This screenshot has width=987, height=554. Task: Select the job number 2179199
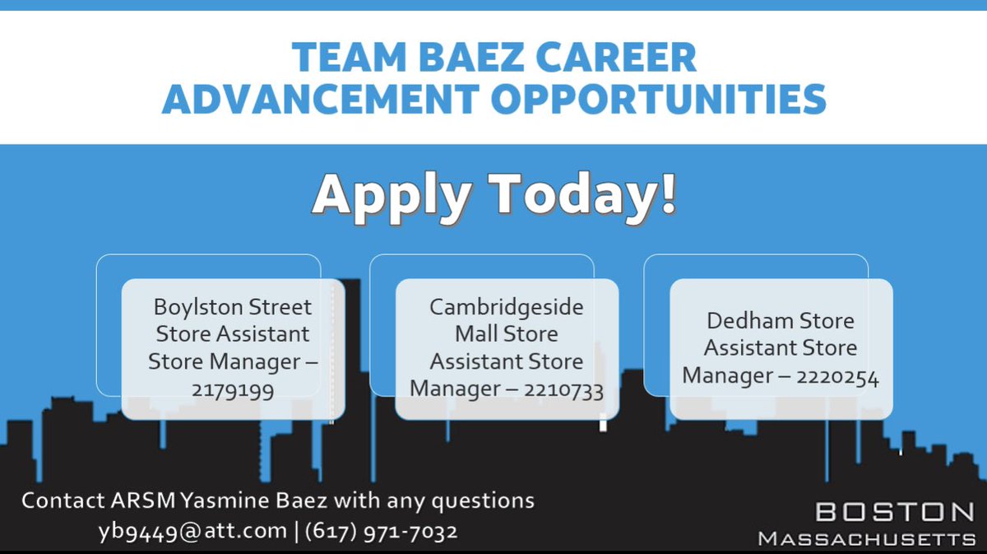[233, 389]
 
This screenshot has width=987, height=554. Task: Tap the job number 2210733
[563, 388]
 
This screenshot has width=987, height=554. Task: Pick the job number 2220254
[838, 377]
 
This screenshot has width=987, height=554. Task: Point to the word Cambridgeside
[507, 307]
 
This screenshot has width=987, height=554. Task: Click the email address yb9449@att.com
[192, 532]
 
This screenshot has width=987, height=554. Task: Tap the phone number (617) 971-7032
[381, 532]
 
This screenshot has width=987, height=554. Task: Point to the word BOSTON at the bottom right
[895, 512]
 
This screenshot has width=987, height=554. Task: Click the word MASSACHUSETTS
[866, 538]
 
